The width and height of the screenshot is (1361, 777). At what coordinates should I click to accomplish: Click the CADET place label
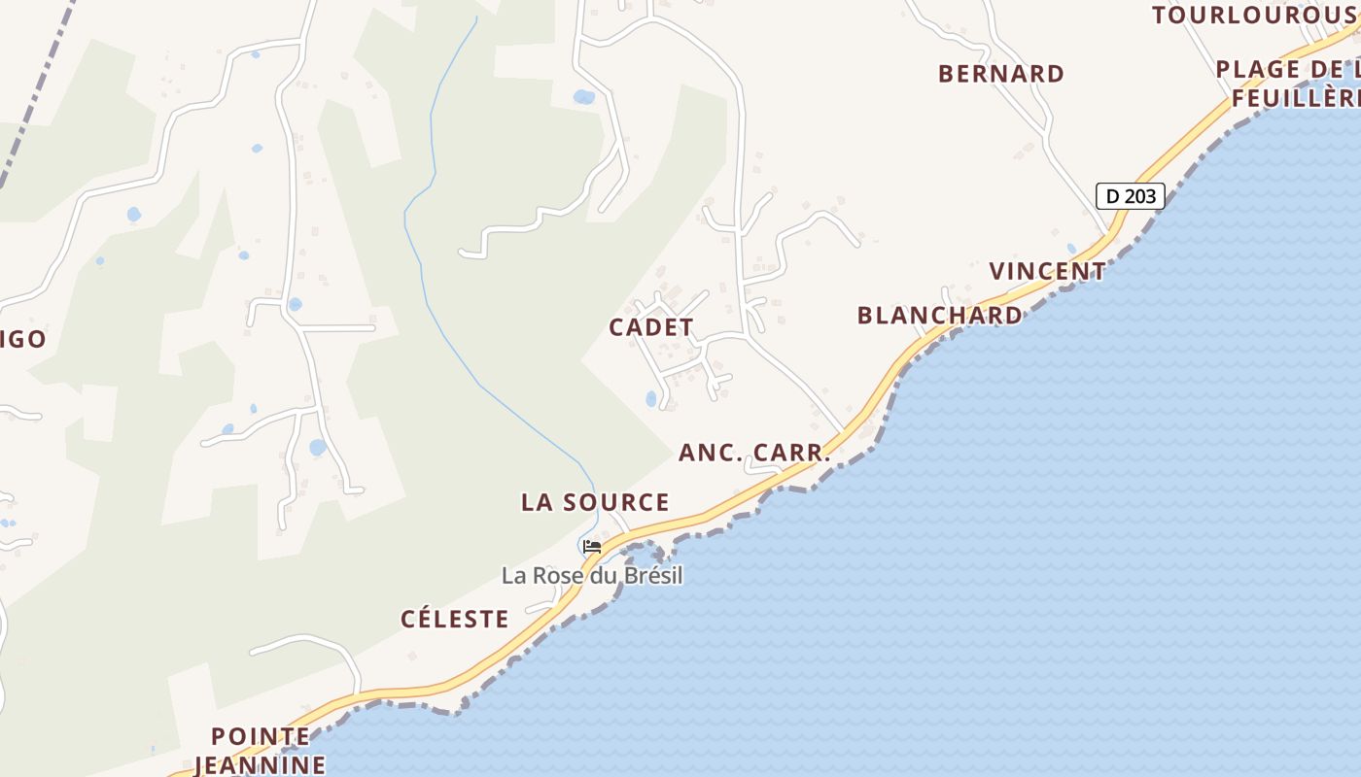651,327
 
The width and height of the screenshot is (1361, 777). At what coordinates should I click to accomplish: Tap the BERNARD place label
1000,74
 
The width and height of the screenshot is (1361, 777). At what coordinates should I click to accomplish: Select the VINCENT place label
1047,271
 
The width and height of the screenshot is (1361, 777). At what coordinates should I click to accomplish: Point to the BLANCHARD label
939,315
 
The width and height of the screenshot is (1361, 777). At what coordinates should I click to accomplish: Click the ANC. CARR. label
754,453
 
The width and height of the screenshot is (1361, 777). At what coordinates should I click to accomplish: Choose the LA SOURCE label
595,502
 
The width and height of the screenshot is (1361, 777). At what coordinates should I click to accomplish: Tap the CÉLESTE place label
454,619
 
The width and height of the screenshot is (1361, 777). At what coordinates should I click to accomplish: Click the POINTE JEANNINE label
261,751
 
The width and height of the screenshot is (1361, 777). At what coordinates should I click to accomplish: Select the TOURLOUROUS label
1254,15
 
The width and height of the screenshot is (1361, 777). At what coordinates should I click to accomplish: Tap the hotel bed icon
591,547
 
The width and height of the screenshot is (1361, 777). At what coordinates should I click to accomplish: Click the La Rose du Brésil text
592,576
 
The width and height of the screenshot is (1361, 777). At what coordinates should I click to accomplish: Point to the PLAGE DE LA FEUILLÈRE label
1288,84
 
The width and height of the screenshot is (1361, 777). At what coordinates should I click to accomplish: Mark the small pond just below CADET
650,398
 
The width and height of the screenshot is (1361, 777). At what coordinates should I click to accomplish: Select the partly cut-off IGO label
23,339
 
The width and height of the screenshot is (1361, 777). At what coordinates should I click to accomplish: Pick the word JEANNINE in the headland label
261,764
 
